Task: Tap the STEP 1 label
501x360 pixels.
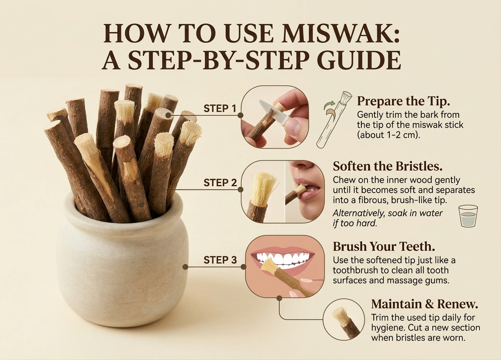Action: click(220, 109)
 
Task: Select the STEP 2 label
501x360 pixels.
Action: click(220, 183)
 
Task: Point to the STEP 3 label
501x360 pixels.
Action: click(220, 260)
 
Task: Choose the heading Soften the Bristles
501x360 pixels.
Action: click(388, 166)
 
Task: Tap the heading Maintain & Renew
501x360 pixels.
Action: click(424, 304)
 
